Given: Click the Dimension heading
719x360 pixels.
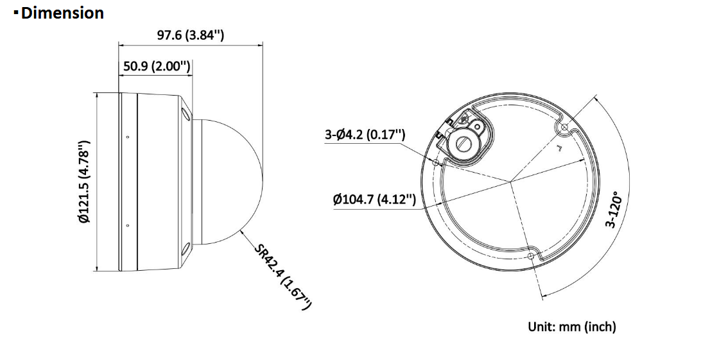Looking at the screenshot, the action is pos(62,13).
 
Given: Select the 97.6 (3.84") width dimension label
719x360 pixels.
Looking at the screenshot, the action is pos(191,35).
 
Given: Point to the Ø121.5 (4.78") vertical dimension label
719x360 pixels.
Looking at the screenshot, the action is pos(84,182).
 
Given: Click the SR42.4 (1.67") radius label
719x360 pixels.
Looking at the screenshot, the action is pos(283,277).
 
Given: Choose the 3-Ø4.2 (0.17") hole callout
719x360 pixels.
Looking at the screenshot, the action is pos(365,135).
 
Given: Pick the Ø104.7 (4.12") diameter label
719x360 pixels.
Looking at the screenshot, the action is pos(375,200).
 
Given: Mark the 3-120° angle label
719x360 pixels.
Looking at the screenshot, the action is pos(614,209).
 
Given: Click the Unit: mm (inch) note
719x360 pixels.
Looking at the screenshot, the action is pos(572,327).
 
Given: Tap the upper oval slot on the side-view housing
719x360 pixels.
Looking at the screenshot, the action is pos(185,114).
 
